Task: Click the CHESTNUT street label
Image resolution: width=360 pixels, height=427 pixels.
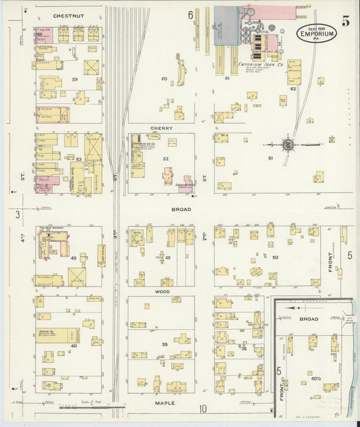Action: pyautogui.click(x=68, y=14)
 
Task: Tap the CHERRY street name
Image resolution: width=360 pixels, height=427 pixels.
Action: pyautogui.click(x=162, y=128)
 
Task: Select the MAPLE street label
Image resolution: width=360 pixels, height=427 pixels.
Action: pyautogui.click(x=165, y=403)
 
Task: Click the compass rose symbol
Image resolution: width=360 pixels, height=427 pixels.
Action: pyautogui.click(x=288, y=144)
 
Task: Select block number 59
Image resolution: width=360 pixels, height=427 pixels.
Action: pyautogui.click(x=76, y=80)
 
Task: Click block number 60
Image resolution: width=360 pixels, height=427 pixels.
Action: pyautogui.click(x=163, y=79)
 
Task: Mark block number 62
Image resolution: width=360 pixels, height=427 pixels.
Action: pyautogui.click(x=293, y=89)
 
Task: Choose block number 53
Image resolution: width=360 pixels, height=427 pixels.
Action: pyautogui.click(x=78, y=159)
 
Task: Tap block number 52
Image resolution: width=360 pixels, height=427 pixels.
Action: pyautogui.click(x=165, y=159)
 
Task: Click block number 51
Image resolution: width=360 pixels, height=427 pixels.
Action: pyautogui.click(x=270, y=158)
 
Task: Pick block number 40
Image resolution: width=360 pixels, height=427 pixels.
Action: pyautogui.click(x=74, y=346)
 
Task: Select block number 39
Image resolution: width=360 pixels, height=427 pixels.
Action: pyautogui.click(x=163, y=344)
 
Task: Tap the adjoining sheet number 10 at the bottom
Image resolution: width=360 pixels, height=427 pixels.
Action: pyautogui.click(x=203, y=408)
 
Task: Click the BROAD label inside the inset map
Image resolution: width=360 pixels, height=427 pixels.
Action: pyautogui.click(x=309, y=318)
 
